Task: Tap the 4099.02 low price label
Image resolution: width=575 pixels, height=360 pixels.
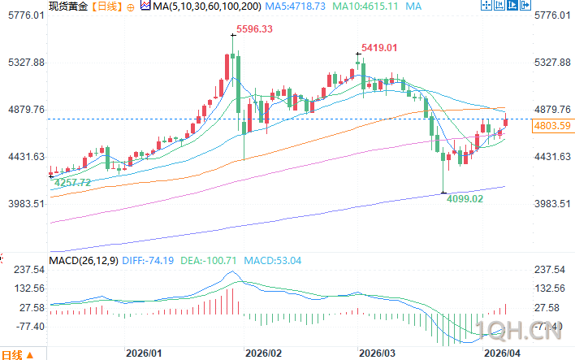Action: [x=465, y=198]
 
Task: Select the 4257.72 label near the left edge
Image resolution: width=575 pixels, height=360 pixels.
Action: [x=72, y=183]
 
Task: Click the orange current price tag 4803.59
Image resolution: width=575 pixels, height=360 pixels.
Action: [x=551, y=125]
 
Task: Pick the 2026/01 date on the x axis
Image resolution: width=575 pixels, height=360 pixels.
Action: [x=145, y=353]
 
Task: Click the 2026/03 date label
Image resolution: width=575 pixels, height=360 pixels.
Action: [x=378, y=353]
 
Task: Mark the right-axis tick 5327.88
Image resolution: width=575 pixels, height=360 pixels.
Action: [x=555, y=63]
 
